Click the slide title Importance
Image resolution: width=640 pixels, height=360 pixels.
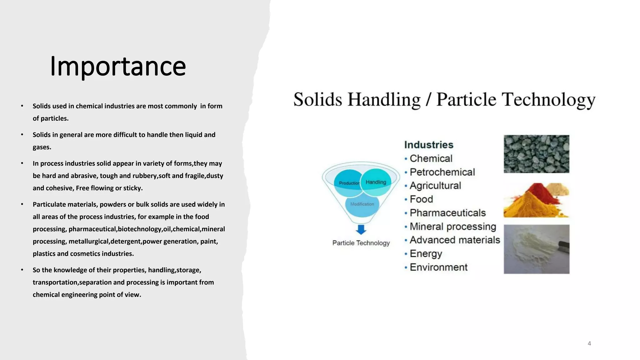click(x=118, y=66)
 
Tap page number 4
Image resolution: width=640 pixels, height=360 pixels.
click(x=589, y=343)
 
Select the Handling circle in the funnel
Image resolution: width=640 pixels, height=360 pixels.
click(x=376, y=182)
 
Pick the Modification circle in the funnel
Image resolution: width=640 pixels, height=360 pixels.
click(x=362, y=204)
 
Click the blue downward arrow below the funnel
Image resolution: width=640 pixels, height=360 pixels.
click(x=361, y=230)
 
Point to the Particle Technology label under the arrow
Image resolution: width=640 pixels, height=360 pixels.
click(x=361, y=243)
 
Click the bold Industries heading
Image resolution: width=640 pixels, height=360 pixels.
click(x=428, y=145)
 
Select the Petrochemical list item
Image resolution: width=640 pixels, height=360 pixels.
click(x=442, y=172)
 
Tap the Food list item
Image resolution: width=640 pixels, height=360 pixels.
click(x=421, y=199)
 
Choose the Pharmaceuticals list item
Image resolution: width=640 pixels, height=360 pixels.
click(x=447, y=213)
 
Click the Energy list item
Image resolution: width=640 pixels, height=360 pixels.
click(x=426, y=253)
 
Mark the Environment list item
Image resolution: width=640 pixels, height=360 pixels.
click(x=438, y=267)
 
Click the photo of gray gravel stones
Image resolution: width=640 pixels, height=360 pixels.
click(x=536, y=154)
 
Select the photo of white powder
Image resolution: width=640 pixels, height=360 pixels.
click(x=536, y=249)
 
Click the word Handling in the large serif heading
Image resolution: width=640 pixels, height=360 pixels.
click(x=384, y=100)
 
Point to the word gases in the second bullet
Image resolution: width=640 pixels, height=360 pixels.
click(x=41, y=147)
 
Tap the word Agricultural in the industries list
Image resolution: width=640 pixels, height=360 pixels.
click(x=435, y=186)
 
